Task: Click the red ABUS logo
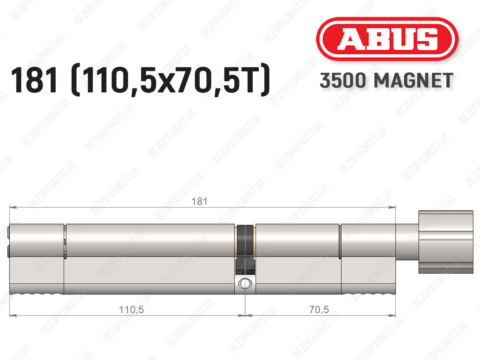[387, 39]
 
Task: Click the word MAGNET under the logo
[413, 80]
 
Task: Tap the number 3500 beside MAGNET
[343, 80]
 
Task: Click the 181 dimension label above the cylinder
[199, 201]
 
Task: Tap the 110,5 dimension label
[132, 310]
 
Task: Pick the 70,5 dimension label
[319, 310]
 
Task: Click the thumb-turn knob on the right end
[446, 242]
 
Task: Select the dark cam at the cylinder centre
[245, 249]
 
